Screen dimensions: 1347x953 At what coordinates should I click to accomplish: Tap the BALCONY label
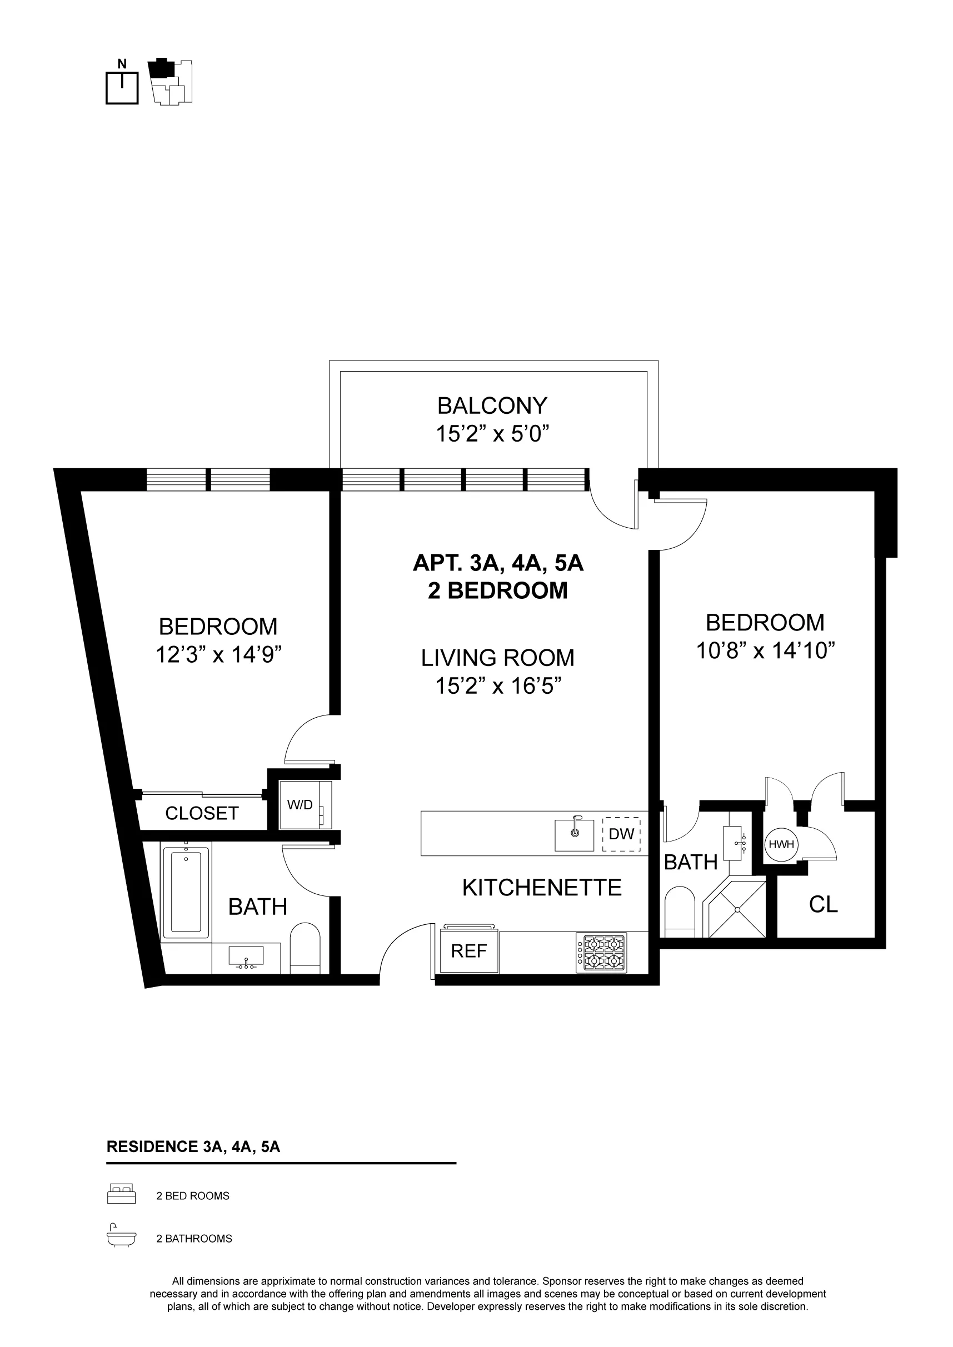tap(492, 406)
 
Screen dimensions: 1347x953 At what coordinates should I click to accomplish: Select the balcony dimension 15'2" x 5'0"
tap(492, 434)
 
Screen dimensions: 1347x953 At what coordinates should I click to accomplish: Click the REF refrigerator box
tap(469, 950)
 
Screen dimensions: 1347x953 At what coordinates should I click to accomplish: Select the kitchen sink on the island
tap(574, 834)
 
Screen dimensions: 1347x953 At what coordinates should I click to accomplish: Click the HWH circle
tap(781, 844)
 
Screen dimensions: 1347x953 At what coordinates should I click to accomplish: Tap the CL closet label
tap(823, 905)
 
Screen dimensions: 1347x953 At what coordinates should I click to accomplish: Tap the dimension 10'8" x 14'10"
tap(765, 650)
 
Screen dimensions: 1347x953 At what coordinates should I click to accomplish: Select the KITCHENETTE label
tap(542, 888)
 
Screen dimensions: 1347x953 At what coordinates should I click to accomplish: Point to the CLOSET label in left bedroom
tap(202, 813)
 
